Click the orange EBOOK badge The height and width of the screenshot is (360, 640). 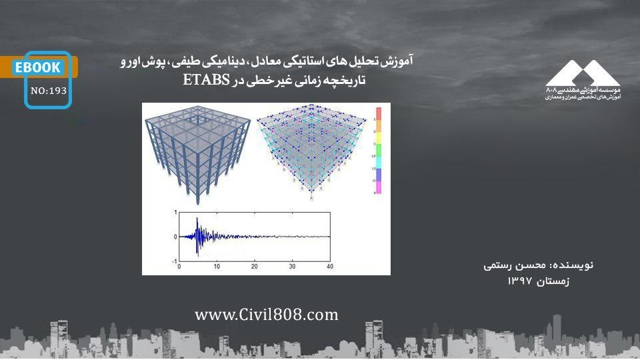[39, 67]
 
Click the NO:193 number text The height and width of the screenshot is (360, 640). [49, 91]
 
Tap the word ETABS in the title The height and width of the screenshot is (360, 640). [207, 81]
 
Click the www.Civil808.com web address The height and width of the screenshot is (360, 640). [267, 315]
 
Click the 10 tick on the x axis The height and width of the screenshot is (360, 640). [217, 267]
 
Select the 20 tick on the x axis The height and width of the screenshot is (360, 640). [254, 267]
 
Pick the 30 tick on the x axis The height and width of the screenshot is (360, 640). [293, 267]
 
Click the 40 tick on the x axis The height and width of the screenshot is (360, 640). [330, 267]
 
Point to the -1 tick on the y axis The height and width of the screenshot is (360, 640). [174, 261]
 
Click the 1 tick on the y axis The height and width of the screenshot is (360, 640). [175, 213]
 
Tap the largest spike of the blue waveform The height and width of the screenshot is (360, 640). [197, 235]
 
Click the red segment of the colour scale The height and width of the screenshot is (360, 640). [377, 113]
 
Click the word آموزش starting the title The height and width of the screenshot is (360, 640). [399, 62]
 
